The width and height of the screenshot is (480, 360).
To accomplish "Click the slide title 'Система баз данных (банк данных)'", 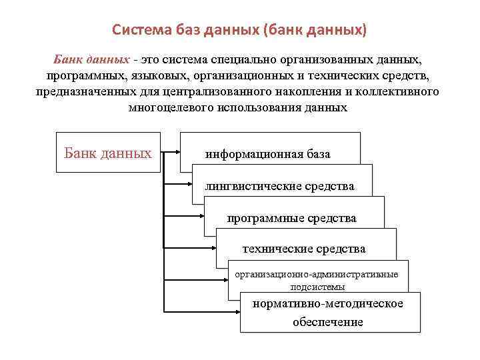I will (x=239, y=30).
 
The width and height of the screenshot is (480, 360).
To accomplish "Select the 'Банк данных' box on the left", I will (x=107, y=153).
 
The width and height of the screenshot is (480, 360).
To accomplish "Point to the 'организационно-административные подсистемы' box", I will (x=317, y=279).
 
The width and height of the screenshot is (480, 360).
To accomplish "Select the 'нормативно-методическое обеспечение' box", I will (x=329, y=312).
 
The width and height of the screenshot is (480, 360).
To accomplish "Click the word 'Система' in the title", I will (x=136, y=30).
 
